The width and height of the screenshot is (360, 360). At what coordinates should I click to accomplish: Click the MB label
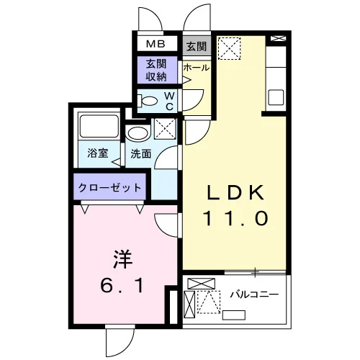(x=156, y=44)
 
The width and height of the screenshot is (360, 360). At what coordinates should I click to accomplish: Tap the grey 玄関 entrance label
(x=197, y=46)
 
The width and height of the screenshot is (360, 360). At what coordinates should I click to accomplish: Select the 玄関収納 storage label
(x=156, y=70)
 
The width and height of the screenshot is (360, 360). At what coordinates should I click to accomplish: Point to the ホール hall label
(x=197, y=68)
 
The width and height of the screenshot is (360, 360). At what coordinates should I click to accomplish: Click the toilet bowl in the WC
(x=147, y=101)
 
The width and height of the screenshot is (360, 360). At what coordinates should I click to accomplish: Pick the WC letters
(x=169, y=101)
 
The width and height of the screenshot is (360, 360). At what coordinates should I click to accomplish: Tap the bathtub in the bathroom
(x=99, y=127)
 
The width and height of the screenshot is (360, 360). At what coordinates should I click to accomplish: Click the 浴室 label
(x=98, y=153)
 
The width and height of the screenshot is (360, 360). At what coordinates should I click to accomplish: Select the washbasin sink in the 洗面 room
(x=138, y=133)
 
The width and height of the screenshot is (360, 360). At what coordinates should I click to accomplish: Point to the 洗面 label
(x=141, y=154)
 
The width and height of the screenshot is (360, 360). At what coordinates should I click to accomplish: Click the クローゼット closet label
(x=109, y=187)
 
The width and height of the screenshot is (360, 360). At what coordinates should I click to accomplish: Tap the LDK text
(x=235, y=193)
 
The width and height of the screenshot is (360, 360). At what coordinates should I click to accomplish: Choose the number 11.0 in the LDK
(x=235, y=218)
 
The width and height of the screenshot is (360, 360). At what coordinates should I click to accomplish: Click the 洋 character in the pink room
(x=122, y=259)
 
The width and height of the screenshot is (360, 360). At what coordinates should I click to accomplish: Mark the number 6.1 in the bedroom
(x=122, y=285)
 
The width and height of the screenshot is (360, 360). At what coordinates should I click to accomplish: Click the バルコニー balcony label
(x=254, y=294)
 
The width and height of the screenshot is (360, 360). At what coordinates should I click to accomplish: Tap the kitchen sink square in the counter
(x=276, y=97)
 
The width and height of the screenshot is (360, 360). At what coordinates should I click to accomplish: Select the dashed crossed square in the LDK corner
(x=229, y=48)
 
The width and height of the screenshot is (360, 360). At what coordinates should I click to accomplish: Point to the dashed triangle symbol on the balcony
(x=209, y=302)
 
